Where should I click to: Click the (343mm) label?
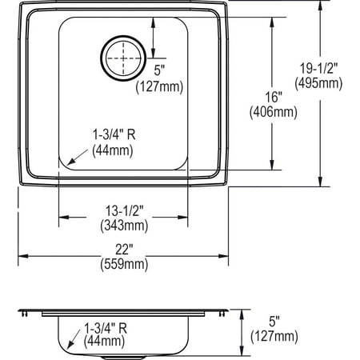(123, 226)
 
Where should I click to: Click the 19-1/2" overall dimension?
(319, 68)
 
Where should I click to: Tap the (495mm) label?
(319, 82)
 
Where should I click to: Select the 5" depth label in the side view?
(274, 321)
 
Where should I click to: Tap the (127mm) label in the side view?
(274, 335)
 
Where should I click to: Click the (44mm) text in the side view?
(106, 342)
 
